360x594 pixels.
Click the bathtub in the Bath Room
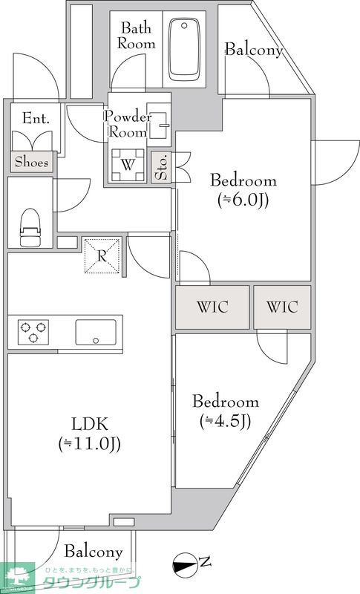(x=184, y=49)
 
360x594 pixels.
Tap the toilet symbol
(x=30, y=228)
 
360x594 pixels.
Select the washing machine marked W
(x=128, y=165)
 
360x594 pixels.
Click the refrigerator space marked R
(x=102, y=255)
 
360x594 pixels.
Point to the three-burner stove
(x=33, y=332)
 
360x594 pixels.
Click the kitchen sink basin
(x=96, y=332)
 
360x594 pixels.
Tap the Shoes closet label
(x=32, y=162)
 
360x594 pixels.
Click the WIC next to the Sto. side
(x=212, y=307)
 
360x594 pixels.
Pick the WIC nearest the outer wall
(x=282, y=307)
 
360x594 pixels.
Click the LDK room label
(x=90, y=424)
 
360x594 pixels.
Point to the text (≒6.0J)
(x=243, y=200)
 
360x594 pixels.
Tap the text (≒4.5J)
(x=225, y=421)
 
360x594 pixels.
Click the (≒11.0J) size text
(x=90, y=444)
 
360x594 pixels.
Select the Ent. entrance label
(x=36, y=119)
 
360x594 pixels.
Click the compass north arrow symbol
(x=185, y=564)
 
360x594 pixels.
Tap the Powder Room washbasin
(x=159, y=120)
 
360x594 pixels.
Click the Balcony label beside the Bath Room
(x=254, y=50)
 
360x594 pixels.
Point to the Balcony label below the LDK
(x=94, y=552)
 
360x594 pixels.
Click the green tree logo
(x=17, y=578)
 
